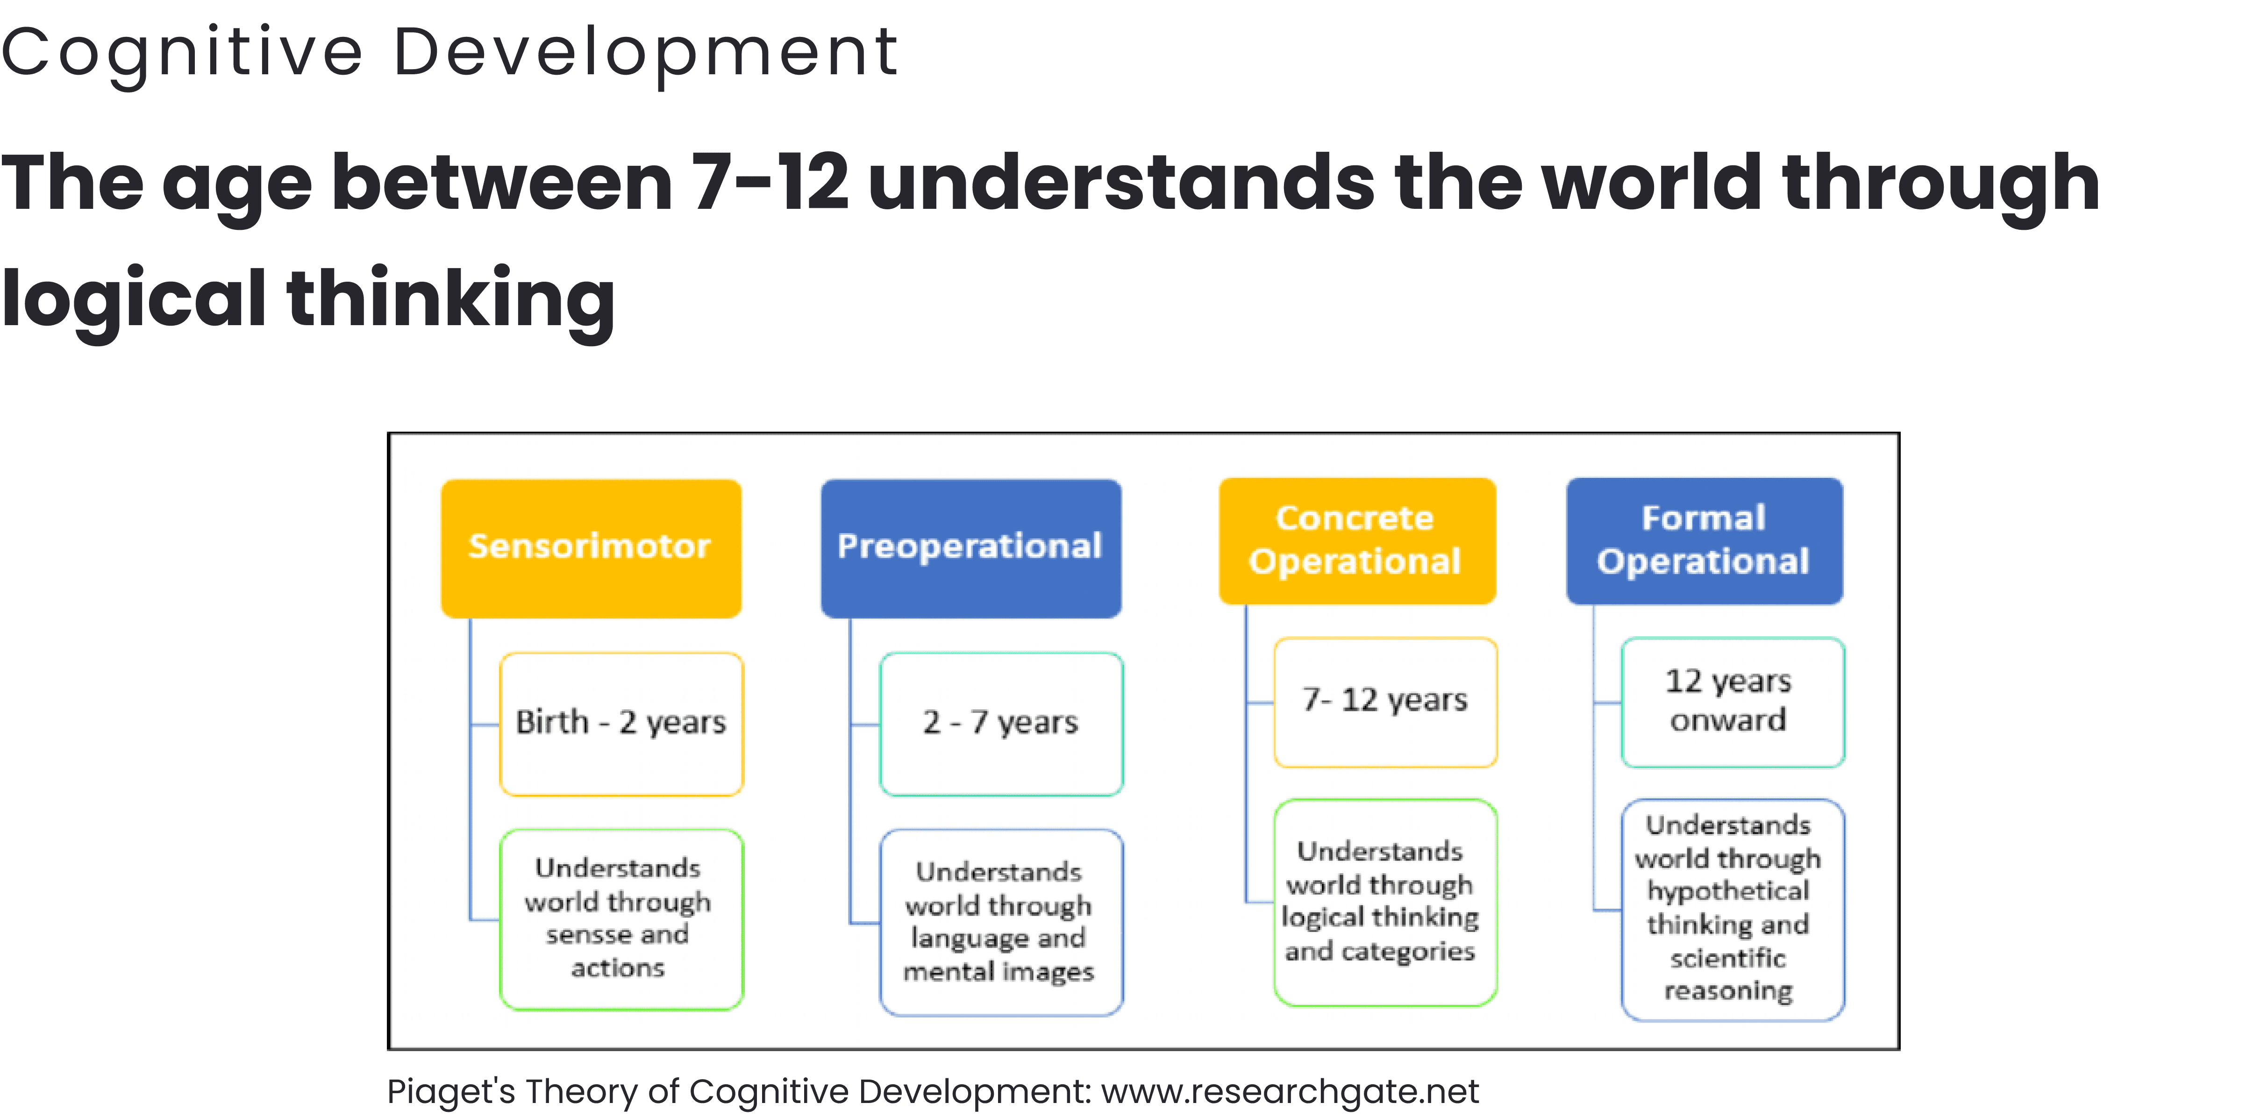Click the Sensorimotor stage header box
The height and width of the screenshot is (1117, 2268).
click(591, 548)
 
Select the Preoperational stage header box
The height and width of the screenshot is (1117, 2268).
click(970, 548)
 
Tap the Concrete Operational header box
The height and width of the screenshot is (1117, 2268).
click(1357, 541)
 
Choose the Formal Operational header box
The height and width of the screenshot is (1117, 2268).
click(1705, 541)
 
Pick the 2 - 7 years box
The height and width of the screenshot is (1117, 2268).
click(1001, 724)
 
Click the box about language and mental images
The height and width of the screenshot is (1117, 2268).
click(1001, 922)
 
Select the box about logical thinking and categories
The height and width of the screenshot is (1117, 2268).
click(1385, 902)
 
